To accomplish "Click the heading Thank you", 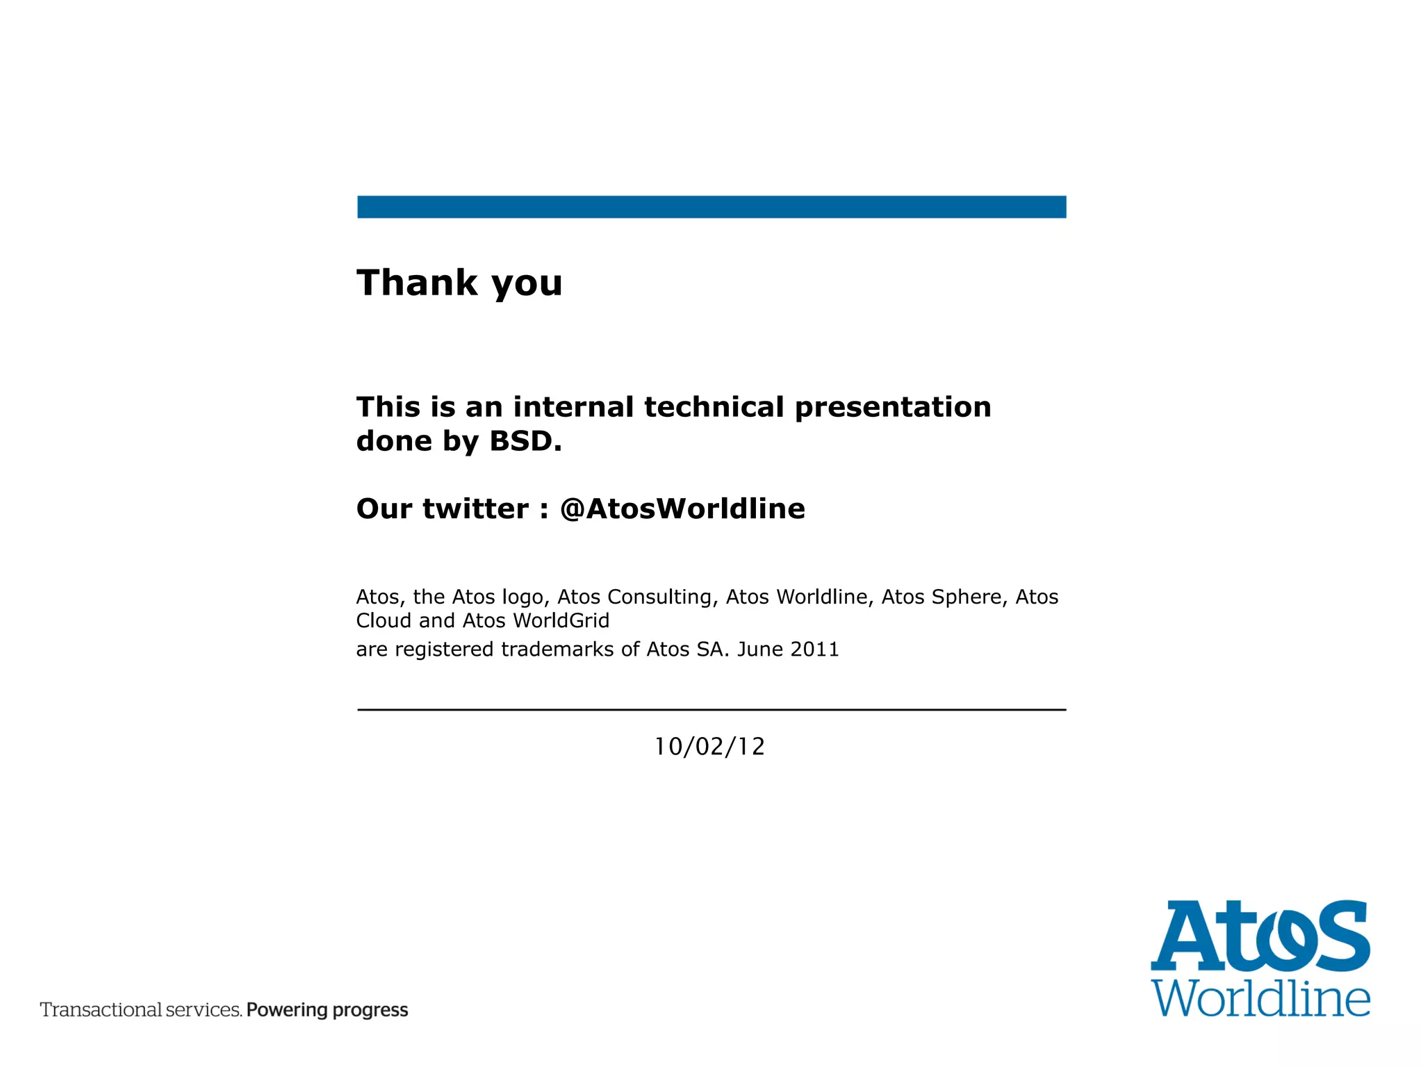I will click(x=459, y=283).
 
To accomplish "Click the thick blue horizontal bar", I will click(x=711, y=207).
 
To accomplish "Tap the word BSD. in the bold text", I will click(x=525, y=441).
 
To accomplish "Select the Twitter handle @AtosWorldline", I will click(x=682, y=508).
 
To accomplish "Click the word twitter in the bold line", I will click(x=476, y=508).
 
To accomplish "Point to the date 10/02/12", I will click(x=709, y=747).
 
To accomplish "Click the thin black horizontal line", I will click(x=711, y=709).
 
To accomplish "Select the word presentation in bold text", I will click(x=893, y=407).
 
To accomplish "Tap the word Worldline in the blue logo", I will click(x=1260, y=999).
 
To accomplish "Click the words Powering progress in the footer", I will click(x=327, y=1009).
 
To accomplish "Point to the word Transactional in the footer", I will click(x=99, y=1009).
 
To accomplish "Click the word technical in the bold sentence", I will click(x=714, y=407).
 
